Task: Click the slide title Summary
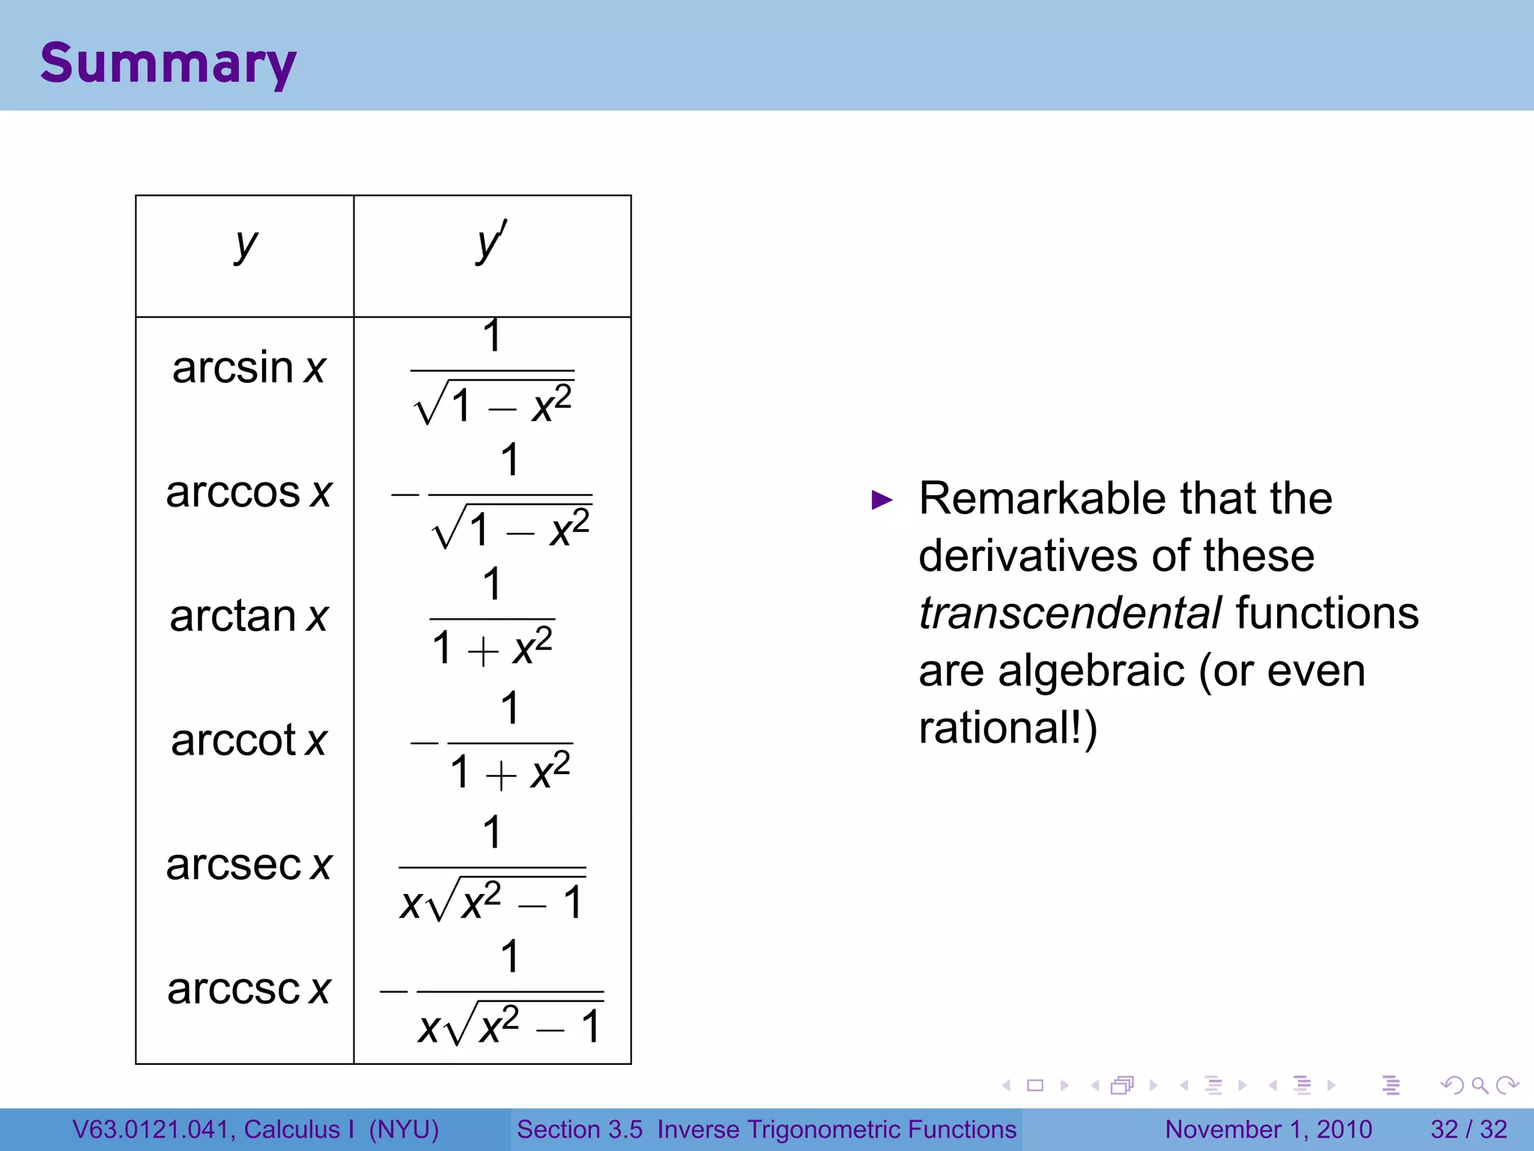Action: coord(168,63)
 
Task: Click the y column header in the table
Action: coord(246,245)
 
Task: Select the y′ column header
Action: coord(491,243)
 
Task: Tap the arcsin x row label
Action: coord(249,368)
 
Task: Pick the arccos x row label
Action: coord(249,492)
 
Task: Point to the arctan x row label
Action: coord(249,617)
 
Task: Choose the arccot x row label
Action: coord(249,741)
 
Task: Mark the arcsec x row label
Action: coord(249,865)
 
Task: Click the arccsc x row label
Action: coord(249,989)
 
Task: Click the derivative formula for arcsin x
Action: coord(492,371)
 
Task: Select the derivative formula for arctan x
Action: coord(492,618)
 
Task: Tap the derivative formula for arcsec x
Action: coord(492,868)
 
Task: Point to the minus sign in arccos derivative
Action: coord(404,495)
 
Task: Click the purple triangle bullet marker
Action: coord(882,500)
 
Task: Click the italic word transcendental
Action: coord(1070,613)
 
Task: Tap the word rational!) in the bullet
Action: coord(1007,728)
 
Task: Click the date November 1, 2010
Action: coord(1268,1129)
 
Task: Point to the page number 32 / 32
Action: coord(1468,1129)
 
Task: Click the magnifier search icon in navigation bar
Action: coord(1479,1085)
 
